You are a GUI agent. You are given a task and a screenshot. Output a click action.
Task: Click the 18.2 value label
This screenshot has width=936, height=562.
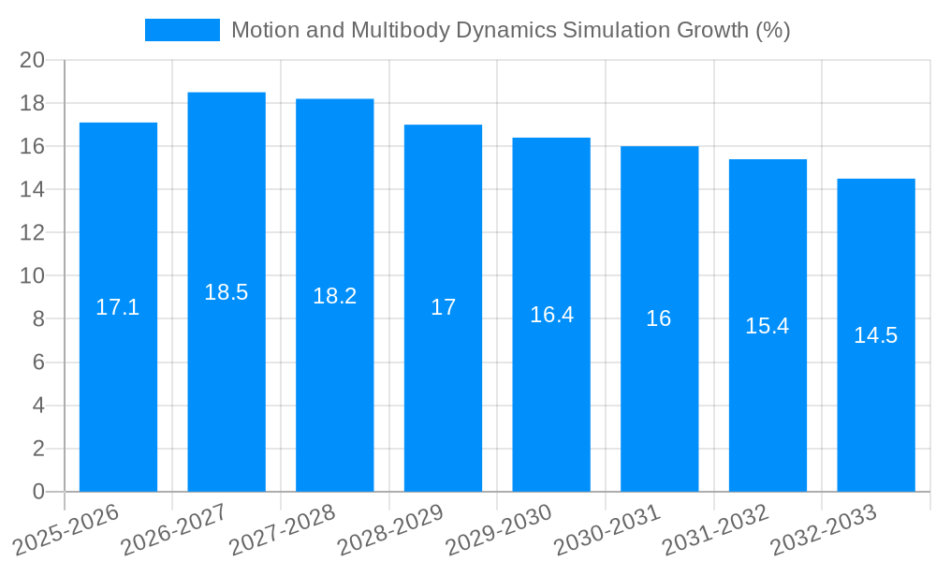point(335,296)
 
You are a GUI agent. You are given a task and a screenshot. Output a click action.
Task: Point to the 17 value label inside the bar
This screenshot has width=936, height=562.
point(443,307)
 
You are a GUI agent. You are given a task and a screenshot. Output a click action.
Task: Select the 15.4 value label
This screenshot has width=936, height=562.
point(768,326)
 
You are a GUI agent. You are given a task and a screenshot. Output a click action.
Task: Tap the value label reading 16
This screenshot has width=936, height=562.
point(659,318)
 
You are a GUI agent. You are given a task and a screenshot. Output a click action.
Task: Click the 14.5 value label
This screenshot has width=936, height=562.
point(876,335)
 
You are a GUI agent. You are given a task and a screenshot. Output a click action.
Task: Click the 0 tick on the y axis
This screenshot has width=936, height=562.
point(38,492)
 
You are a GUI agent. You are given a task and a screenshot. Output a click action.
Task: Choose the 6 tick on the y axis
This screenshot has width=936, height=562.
point(38,362)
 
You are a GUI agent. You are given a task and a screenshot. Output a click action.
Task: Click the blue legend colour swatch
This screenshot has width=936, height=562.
point(183,30)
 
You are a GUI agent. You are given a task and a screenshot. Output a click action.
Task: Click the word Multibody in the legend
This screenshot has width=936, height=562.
point(395,31)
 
